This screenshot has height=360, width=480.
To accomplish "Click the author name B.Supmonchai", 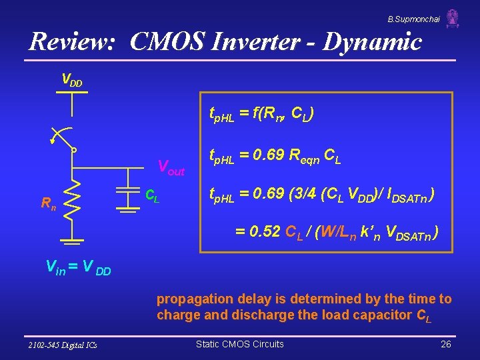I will [x=413, y=19].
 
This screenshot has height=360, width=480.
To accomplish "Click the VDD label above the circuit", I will [x=72, y=80].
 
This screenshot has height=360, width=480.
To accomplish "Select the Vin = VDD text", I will [x=77, y=269].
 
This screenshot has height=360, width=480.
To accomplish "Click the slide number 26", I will [x=446, y=344].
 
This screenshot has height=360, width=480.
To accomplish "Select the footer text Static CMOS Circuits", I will [x=239, y=344].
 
